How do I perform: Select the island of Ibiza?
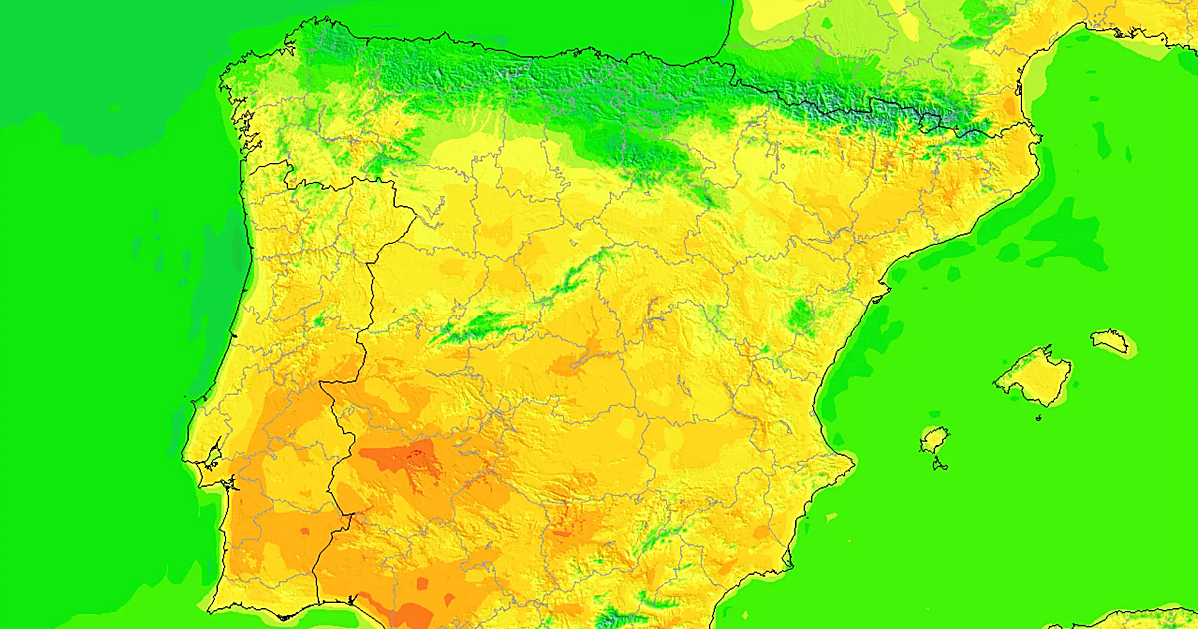coord(934,439)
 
